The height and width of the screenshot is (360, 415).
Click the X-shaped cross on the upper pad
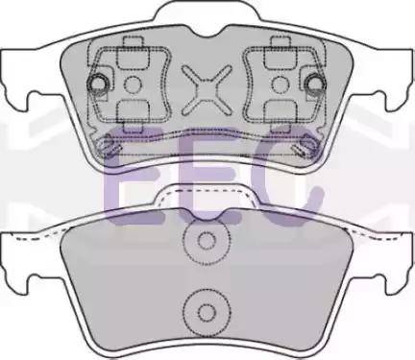(x=207, y=90)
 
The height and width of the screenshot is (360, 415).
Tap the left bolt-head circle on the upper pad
(x=97, y=84)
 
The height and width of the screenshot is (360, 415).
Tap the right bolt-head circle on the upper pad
(x=315, y=84)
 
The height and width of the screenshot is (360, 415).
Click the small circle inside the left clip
(x=133, y=84)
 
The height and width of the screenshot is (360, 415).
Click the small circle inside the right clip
(x=281, y=84)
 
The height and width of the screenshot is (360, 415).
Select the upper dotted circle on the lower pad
(x=207, y=241)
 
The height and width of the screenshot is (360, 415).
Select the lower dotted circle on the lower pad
(x=207, y=312)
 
